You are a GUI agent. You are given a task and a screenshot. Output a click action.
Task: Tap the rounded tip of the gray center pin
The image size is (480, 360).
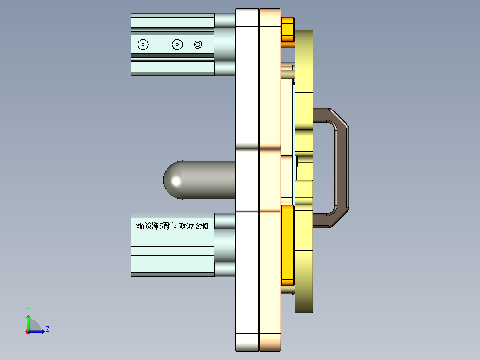pyautogui.click(x=171, y=180)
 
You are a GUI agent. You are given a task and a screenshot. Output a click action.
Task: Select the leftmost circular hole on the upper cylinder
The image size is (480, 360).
pyautogui.click(x=143, y=45)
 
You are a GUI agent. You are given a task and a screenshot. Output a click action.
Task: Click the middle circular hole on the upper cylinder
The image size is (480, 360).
pyautogui.click(x=177, y=45)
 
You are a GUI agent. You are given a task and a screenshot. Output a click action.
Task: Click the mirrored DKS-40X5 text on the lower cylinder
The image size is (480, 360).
pyautogui.click(x=172, y=226)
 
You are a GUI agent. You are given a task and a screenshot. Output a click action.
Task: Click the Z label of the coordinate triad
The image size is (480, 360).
pyautogui.click(x=47, y=329)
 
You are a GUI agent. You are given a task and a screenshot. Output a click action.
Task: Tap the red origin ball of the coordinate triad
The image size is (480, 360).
pyautogui.click(x=28, y=331)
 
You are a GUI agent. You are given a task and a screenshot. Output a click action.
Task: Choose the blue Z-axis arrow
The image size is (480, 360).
pyautogui.click(x=38, y=331)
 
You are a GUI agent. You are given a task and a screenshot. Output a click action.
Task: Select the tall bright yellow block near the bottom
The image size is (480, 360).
pyautogui.click(x=288, y=245)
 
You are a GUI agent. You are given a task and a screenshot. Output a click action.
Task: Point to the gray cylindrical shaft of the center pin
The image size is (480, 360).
pyautogui.click(x=209, y=180)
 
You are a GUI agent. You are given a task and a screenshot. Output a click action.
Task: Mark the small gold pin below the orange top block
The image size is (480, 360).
pyautogui.click(x=287, y=71)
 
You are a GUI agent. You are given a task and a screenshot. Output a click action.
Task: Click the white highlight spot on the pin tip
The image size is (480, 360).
pyautogui.click(x=176, y=181)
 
